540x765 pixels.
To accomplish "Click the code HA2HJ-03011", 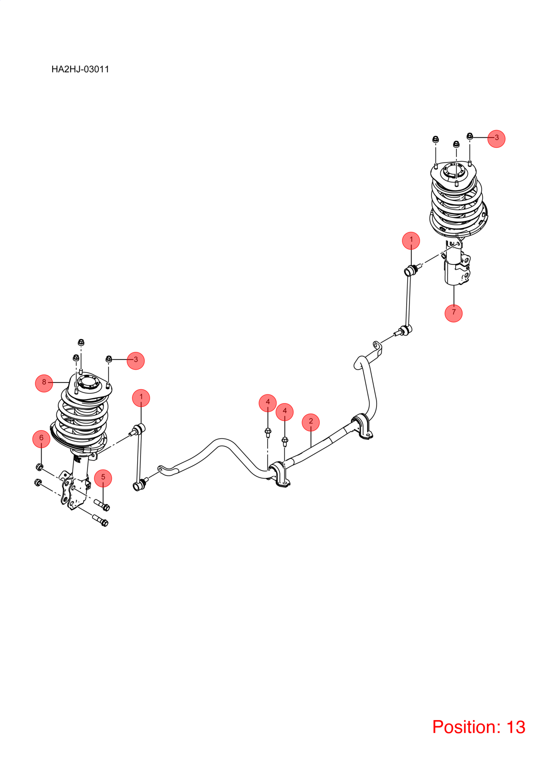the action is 80,69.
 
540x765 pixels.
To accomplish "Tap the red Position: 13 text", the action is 478,727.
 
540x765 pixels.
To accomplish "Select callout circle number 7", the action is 454,313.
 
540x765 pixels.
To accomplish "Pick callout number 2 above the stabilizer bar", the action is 311,422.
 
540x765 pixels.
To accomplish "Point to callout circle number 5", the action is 103,478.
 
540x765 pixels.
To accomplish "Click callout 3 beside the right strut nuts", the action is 497,138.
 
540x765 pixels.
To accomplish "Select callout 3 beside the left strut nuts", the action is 136,361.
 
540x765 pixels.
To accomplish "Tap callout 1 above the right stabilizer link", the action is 411,240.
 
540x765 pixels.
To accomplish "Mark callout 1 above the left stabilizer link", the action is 141,398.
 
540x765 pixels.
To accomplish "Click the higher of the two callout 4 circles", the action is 268,403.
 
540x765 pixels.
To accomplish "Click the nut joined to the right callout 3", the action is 470,136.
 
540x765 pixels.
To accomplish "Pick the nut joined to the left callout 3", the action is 109,359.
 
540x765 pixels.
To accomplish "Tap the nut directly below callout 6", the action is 40,467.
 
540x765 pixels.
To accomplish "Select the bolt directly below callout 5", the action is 102,505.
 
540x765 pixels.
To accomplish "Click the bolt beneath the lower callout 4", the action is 285,441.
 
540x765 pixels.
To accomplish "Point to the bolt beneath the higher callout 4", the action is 268,433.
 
